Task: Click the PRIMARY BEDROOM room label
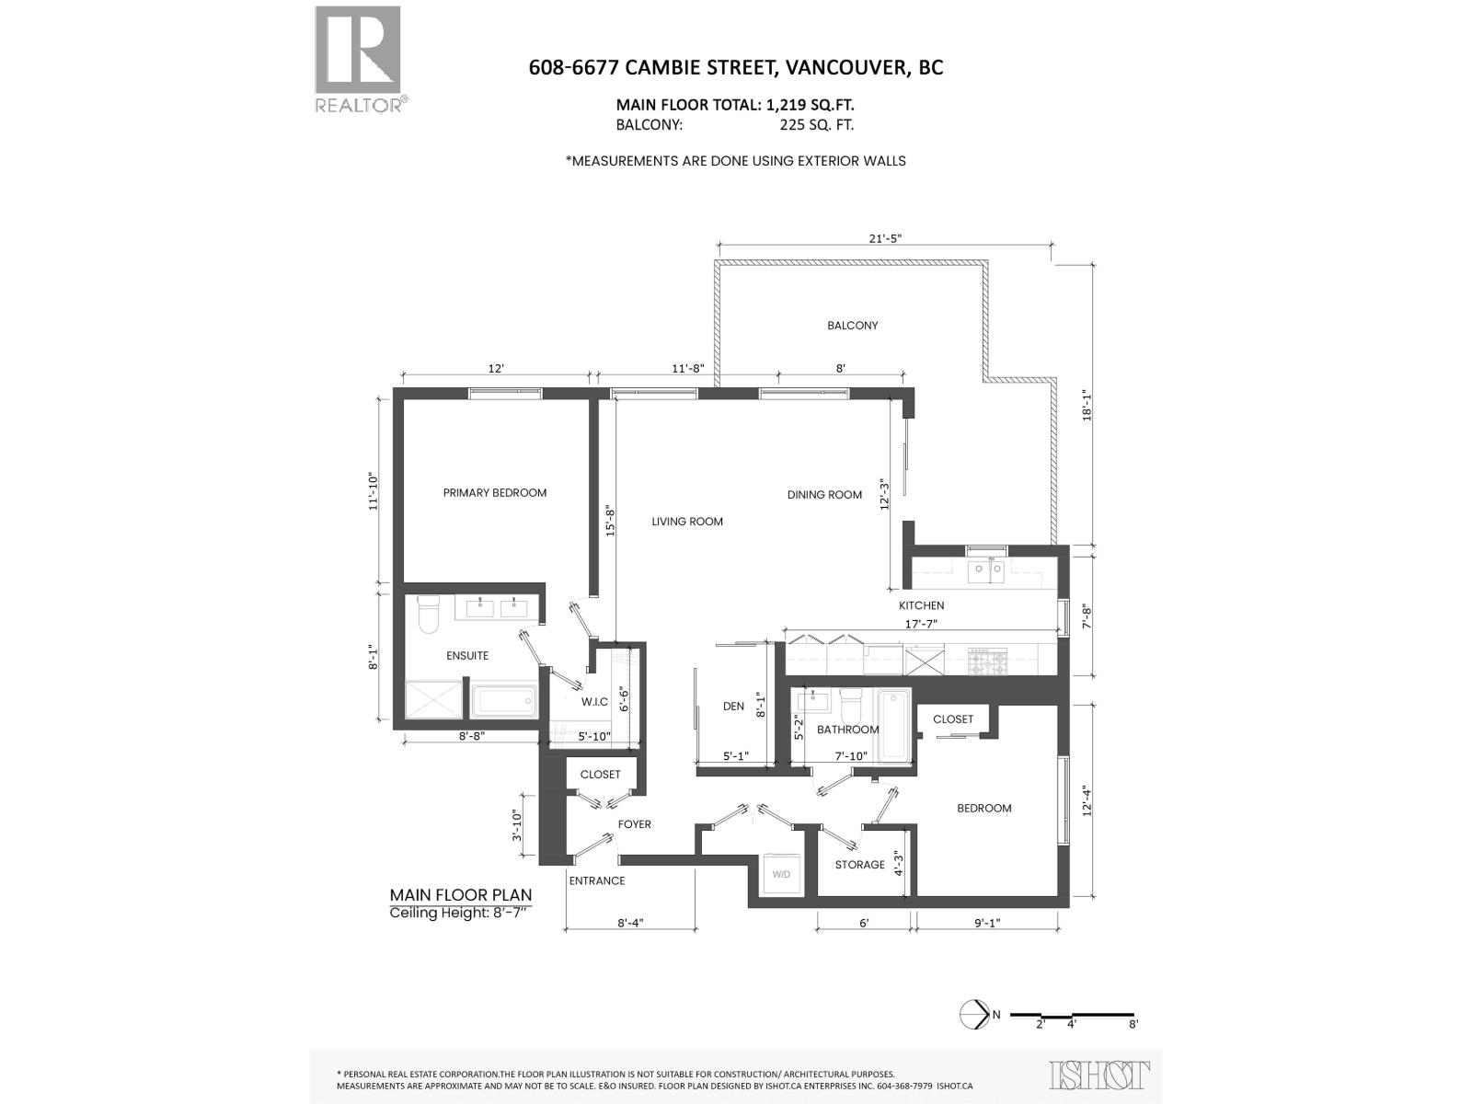pyautogui.click(x=495, y=493)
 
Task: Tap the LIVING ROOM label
pyautogui.click(x=687, y=522)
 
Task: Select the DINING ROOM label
pyautogui.click(x=824, y=495)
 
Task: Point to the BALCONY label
pyautogui.click(x=853, y=326)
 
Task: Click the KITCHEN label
pyautogui.click(x=922, y=605)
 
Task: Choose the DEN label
pyautogui.click(x=733, y=707)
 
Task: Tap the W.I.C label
pyautogui.click(x=594, y=702)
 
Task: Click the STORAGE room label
pyautogui.click(x=859, y=865)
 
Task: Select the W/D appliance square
pyautogui.click(x=781, y=874)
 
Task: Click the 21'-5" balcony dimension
pyautogui.click(x=885, y=238)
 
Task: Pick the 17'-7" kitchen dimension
pyautogui.click(x=922, y=624)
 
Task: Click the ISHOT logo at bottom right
pyautogui.click(x=1099, y=1075)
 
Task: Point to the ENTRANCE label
pyautogui.click(x=597, y=881)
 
